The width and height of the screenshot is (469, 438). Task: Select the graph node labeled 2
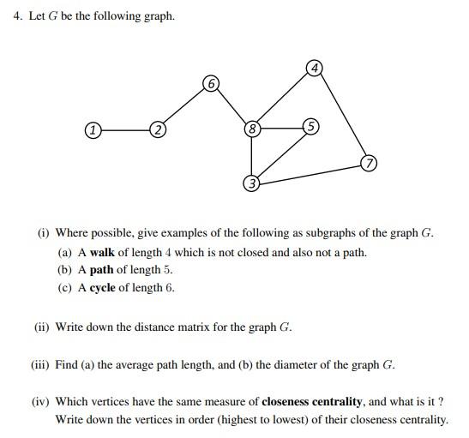(157, 130)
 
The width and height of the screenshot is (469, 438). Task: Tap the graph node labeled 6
(211, 83)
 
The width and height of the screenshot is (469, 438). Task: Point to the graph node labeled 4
(315, 68)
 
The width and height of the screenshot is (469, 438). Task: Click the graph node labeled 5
(310, 126)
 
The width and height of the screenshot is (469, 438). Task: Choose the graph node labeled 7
(368, 163)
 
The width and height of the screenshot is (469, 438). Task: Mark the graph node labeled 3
(251, 183)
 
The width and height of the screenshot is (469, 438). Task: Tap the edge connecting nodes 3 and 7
(310, 173)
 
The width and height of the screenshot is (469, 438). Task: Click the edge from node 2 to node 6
(183, 107)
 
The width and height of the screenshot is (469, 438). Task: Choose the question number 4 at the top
(17, 15)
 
